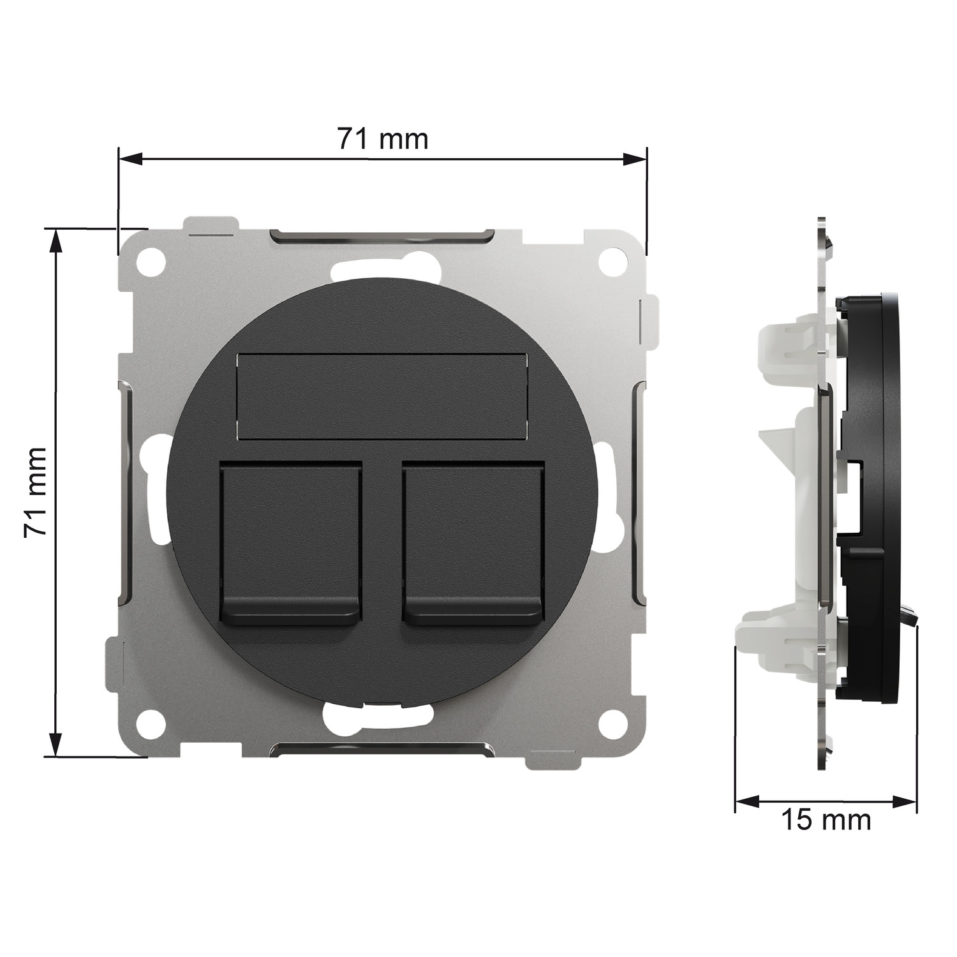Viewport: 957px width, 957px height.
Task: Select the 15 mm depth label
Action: (826, 820)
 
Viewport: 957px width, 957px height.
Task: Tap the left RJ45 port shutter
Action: (290, 542)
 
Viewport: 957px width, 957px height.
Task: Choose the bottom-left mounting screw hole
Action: (154, 721)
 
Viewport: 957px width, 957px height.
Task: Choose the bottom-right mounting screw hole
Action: (611, 721)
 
